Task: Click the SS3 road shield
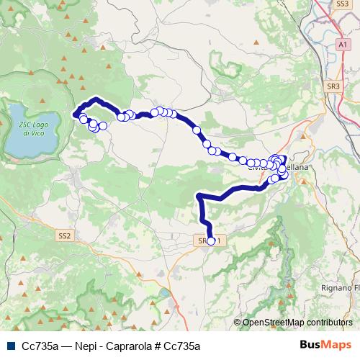point(342,4)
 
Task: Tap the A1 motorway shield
point(341,45)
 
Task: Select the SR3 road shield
point(333,86)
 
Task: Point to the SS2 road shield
point(65,235)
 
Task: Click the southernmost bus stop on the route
point(211,241)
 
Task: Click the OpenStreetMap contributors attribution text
point(297,323)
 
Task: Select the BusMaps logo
point(325,345)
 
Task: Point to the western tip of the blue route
point(74,112)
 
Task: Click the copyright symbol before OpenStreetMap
point(237,323)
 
